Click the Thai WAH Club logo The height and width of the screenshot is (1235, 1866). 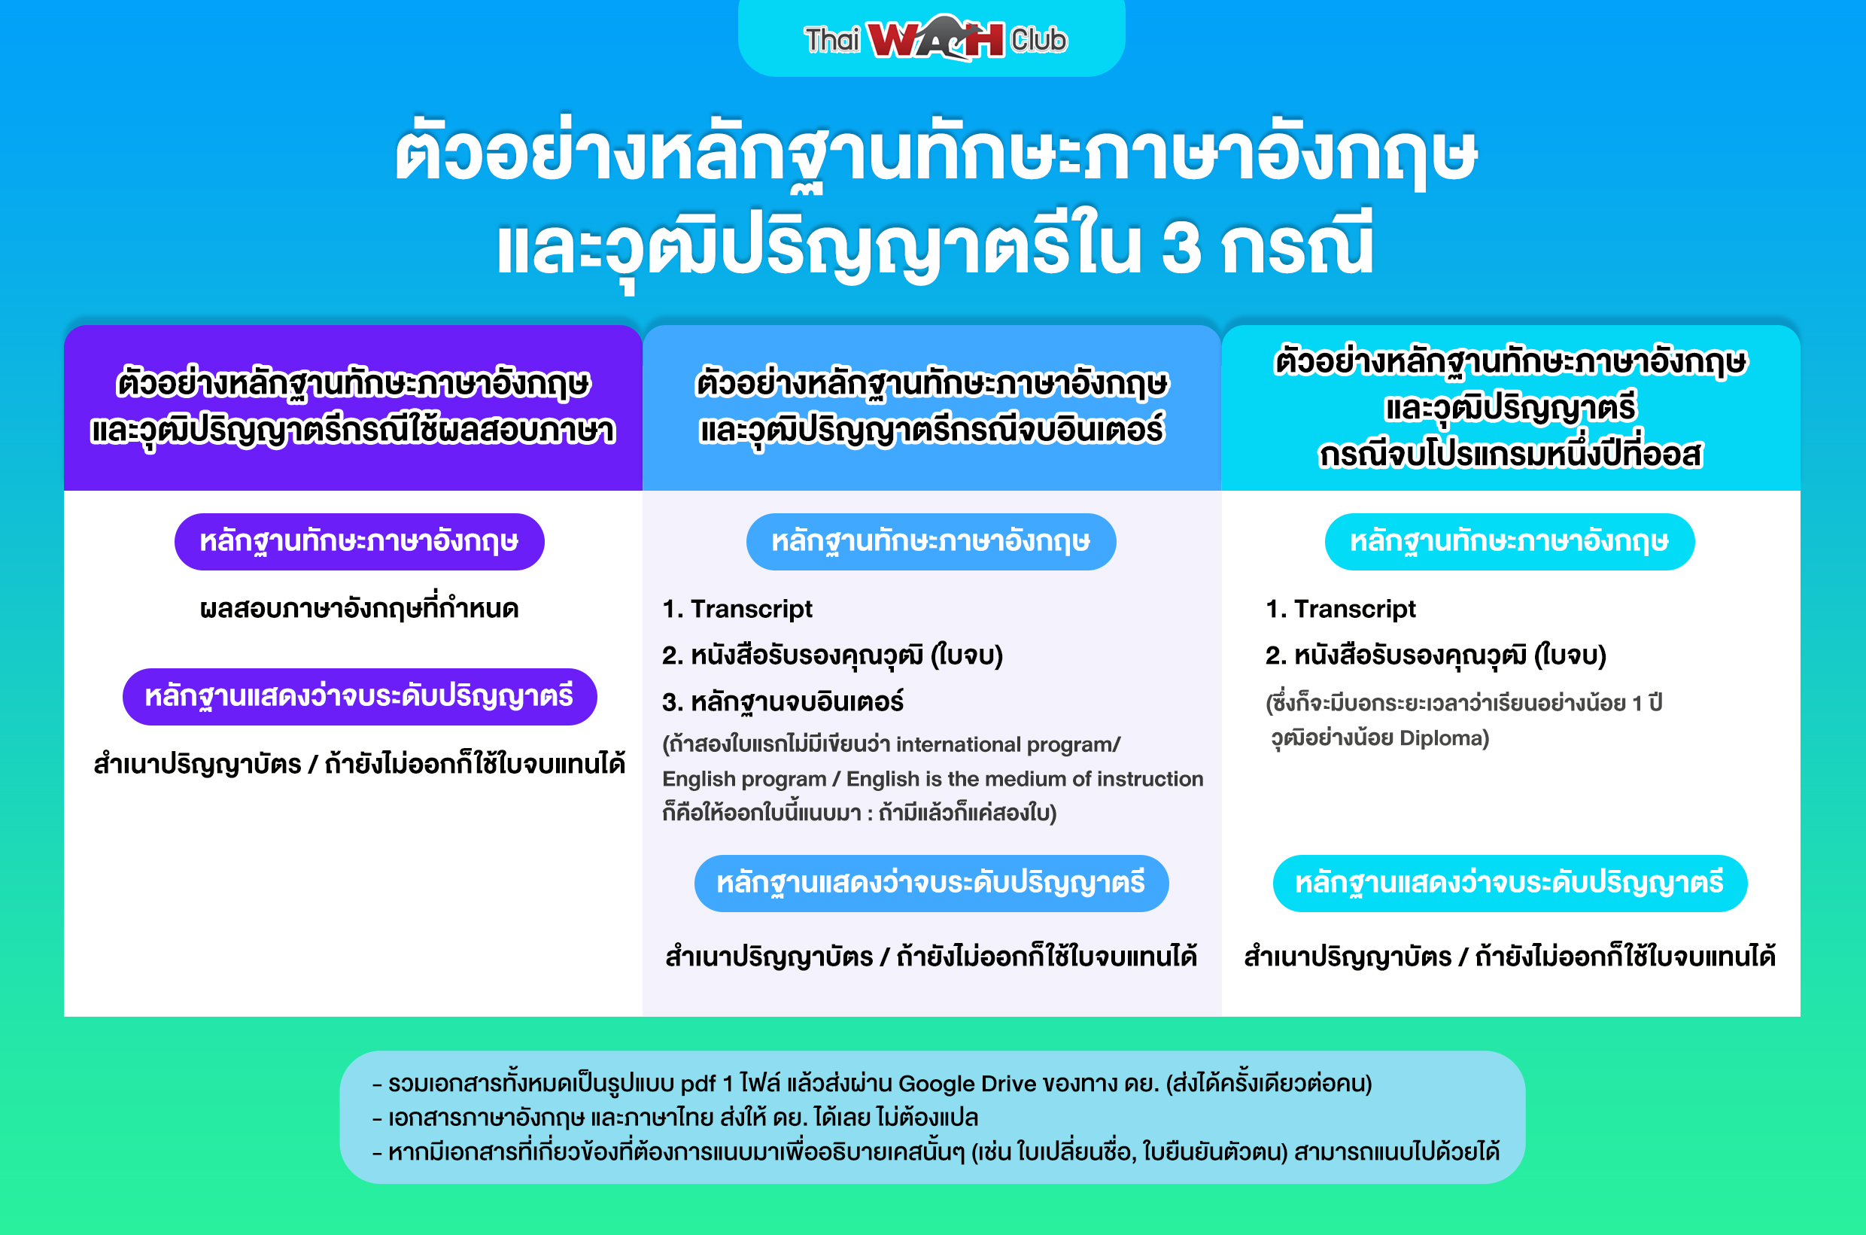pos(935,38)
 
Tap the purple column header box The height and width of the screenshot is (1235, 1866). pos(353,408)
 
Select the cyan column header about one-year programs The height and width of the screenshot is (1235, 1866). pos(1510,408)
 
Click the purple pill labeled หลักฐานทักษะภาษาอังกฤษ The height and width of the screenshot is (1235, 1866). pos(359,542)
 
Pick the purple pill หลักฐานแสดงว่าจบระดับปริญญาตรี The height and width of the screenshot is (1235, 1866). pos(359,697)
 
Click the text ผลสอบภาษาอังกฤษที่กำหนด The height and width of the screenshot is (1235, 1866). pos(359,609)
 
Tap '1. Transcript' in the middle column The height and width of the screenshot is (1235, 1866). pos(737,609)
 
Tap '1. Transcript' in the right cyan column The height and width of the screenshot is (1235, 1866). pos(1340,609)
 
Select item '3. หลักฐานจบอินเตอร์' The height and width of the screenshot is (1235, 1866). pos(783,701)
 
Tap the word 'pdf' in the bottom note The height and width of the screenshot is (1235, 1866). pos(697,1084)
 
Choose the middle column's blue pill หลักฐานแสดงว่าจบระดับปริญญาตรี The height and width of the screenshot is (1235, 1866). pos(931,884)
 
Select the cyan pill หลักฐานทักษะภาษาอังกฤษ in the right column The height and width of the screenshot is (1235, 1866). pos(1509,542)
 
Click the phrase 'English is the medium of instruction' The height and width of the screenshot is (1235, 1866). pos(1025,779)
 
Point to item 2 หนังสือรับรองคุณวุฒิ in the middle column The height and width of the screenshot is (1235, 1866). pos(832,656)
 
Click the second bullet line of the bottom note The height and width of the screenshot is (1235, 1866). pos(676,1118)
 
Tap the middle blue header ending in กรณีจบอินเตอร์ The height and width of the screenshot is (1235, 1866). pos(931,408)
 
